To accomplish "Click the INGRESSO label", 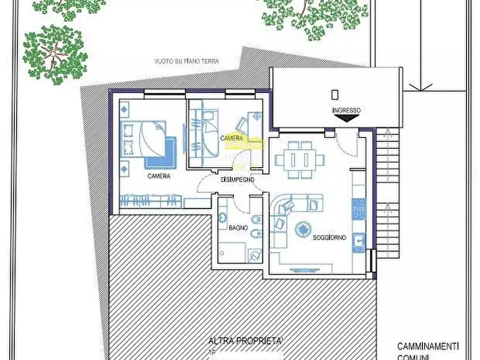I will point(346,111).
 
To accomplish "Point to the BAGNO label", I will point(238,228).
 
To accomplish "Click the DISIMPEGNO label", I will point(237,180).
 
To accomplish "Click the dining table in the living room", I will point(300,160).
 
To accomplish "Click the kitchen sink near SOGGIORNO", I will point(358,243).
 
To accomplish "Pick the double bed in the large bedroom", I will point(144,138).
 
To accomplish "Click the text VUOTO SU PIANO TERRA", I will point(187,62).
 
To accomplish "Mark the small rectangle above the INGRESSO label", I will point(335,95).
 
